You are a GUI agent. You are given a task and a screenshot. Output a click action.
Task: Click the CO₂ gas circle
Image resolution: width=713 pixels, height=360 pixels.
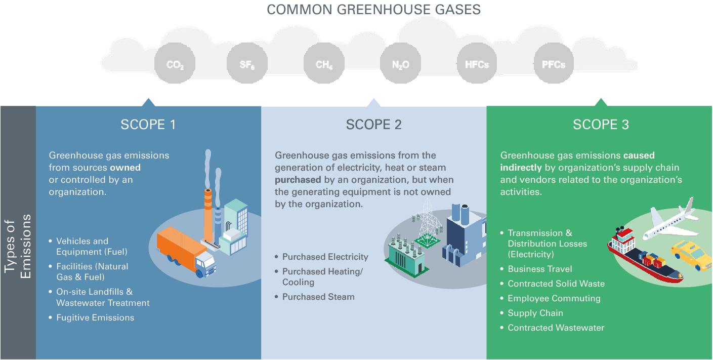(175, 64)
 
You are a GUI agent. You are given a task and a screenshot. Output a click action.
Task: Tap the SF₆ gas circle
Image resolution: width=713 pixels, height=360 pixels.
(247, 64)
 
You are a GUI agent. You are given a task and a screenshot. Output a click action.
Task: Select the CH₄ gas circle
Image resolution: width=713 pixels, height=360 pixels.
(324, 64)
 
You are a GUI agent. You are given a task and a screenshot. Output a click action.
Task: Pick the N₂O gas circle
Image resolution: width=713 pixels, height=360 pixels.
(400, 64)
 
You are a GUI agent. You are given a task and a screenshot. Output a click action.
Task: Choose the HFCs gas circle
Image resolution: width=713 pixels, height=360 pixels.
(477, 64)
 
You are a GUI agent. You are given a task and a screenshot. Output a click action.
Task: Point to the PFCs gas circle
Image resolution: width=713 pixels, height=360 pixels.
(554, 64)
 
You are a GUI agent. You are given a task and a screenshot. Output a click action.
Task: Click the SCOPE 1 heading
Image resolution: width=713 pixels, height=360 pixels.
(148, 125)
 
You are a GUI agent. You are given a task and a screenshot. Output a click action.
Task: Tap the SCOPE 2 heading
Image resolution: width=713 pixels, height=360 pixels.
(373, 125)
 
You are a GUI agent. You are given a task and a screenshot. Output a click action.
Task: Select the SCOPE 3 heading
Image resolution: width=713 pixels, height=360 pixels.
(601, 125)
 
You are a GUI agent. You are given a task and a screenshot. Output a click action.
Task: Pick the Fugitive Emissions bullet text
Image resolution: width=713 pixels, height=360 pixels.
(95, 318)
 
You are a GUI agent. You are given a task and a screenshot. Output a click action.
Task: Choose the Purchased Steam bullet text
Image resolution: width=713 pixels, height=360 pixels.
(318, 297)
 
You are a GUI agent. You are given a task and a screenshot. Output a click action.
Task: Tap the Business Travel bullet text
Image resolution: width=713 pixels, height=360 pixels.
(540, 269)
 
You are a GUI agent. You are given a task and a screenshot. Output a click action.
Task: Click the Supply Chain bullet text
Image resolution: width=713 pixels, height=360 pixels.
(535, 313)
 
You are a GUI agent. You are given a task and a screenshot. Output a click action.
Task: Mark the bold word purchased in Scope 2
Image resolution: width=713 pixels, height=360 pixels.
(298, 180)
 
